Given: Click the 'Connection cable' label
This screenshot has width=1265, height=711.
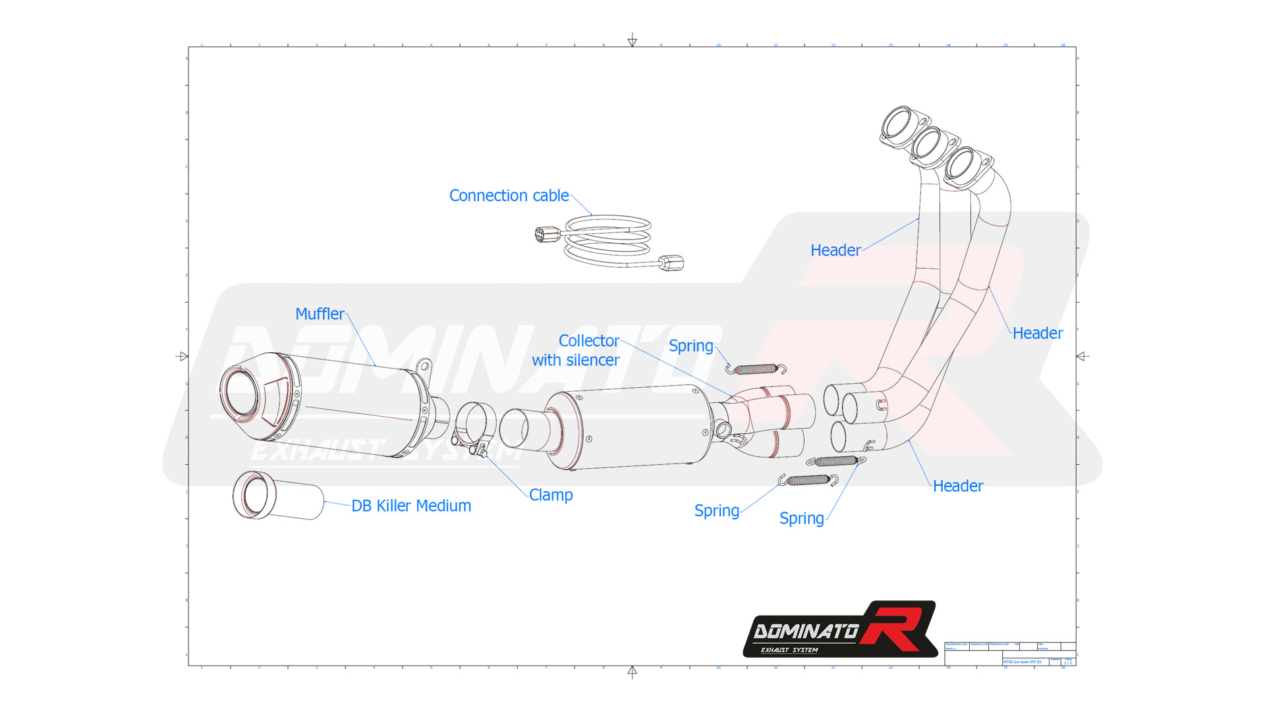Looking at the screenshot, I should pyautogui.click(x=509, y=196).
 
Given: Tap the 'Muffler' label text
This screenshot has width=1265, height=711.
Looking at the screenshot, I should pyautogui.click(x=320, y=314).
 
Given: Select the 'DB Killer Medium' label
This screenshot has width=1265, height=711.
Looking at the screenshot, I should pyautogui.click(x=411, y=506).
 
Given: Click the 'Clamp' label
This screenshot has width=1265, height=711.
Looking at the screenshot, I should pyautogui.click(x=551, y=495).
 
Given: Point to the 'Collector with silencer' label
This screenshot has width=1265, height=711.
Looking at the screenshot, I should pyautogui.click(x=576, y=350).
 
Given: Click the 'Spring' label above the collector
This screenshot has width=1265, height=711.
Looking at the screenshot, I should pyautogui.click(x=690, y=346).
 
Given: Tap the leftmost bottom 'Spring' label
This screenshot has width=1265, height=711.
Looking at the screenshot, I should pyautogui.click(x=716, y=511).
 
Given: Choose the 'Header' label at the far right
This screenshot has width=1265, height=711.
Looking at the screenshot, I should pyautogui.click(x=1037, y=333).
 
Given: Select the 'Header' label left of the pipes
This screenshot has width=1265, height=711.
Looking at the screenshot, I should pyautogui.click(x=835, y=250).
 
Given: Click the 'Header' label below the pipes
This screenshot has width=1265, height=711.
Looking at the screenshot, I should pyautogui.click(x=957, y=486).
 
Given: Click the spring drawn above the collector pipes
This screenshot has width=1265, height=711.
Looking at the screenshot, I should pyautogui.click(x=756, y=369).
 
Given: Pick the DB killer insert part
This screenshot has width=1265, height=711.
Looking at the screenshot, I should pyautogui.click(x=277, y=496).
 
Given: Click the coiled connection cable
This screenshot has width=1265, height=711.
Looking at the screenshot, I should pyautogui.click(x=607, y=240).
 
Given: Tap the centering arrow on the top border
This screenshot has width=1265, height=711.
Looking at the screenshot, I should pyautogui.click(x=632, y=41).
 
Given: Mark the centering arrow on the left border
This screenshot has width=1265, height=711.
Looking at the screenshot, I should pyautogui.click(x=183, y=356).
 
